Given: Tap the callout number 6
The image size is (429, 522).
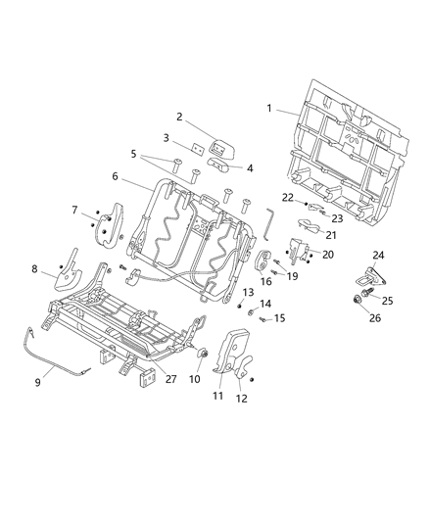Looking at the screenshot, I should click(115, 176).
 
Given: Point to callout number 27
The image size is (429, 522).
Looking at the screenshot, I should click(170, 378).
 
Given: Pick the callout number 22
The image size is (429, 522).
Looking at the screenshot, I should click(287, 198).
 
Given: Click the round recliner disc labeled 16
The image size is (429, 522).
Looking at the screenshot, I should click(262, 261).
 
